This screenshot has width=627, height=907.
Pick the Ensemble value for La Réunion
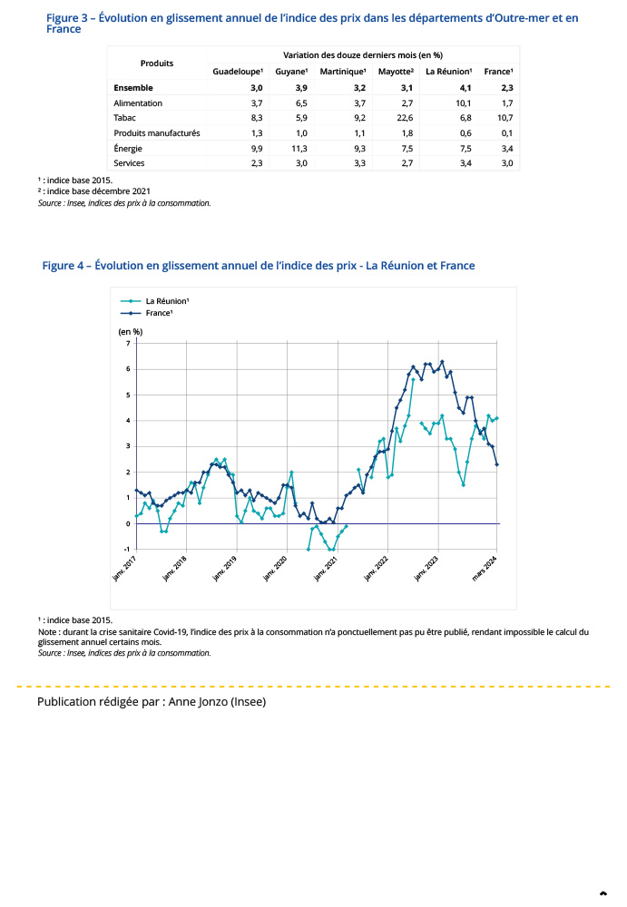pyautogui.click(x=465, y=88)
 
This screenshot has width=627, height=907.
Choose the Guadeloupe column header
pyautogui.click(x=238, y=71)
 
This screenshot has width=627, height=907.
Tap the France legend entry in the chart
pyautogui.click(x=159, y=312)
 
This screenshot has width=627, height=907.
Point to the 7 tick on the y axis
pyautogui.click(x=128, y=343)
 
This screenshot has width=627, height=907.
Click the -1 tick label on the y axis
pyautogui.click(x=126, y=549)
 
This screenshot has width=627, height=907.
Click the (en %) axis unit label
pyautogui.click(x=131, y=331)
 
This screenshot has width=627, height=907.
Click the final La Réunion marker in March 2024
pyautogui.click(x=497, y=418)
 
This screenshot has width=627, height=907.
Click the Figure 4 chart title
pyautogui.click(x=259, y=266)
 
